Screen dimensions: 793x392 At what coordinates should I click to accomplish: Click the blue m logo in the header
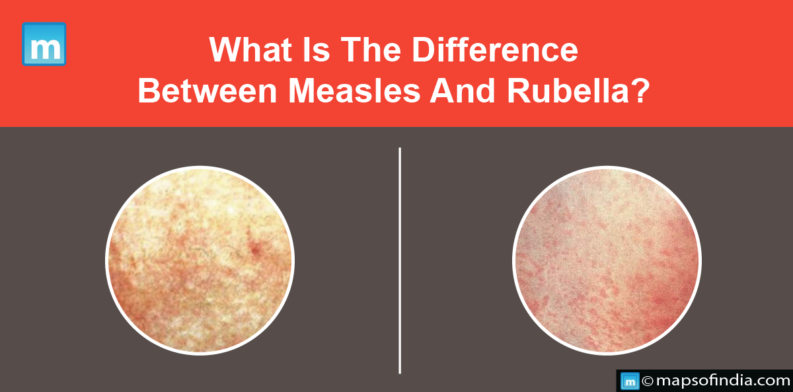pyautogui.click(x=44, y=44)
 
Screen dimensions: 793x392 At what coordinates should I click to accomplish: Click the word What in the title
pyautogui.click(x=250, y=50)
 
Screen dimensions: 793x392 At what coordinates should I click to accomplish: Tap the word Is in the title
pyautogui.click(x=316, y=50)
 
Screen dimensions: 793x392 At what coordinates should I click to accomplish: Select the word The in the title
pyautogui.click(x=371, y=50)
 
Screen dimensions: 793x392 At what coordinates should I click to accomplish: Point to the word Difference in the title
pyautogui.click(x=495, y=50)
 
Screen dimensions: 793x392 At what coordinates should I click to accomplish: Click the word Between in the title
pyautogui.click(x=208, y=91)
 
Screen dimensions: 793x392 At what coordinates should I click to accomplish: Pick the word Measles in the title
pyautogui.click(x=354, y=91)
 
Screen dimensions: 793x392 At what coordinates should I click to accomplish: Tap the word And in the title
pyautogui.click(x=463, y=91)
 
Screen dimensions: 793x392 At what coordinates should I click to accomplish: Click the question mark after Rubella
pyautogui.click(x=639, y=91)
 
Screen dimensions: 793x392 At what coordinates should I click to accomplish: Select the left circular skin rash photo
pyautogui.click(x=200, y=260)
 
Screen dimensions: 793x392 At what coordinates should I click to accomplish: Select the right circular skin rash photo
pyautogui.click(x=607, y=260)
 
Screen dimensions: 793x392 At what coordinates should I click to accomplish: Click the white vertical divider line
pyautogui.click(x=400, y=260)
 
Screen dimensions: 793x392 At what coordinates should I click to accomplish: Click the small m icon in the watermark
pyautogui.click(x=630, y=381)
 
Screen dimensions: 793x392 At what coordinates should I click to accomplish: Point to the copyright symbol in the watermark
pyautogui.click(x=648, y=381)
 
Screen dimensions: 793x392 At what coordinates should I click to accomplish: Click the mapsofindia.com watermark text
pyautogui.click(x=723, y=381)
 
